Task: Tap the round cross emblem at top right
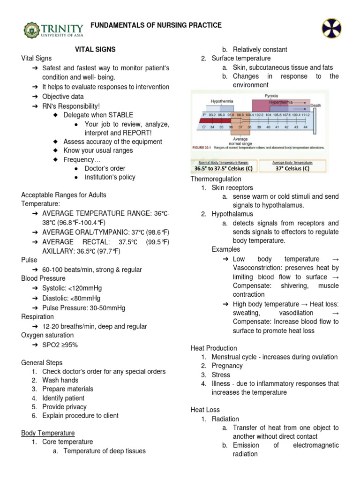(331, 28)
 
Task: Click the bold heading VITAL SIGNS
(96, 49)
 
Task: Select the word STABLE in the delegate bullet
(121, 115)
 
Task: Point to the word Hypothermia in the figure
(223, 101)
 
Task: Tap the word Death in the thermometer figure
(315, 106)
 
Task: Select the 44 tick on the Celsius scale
(305, 127)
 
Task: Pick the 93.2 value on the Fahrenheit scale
(212, 114)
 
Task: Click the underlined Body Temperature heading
(48, 433)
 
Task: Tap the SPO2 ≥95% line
(60, 345)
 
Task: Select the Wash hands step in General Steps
(60, 380)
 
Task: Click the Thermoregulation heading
(216, 179)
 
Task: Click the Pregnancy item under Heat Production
(227, 366)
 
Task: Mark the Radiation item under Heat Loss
(225, 419)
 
